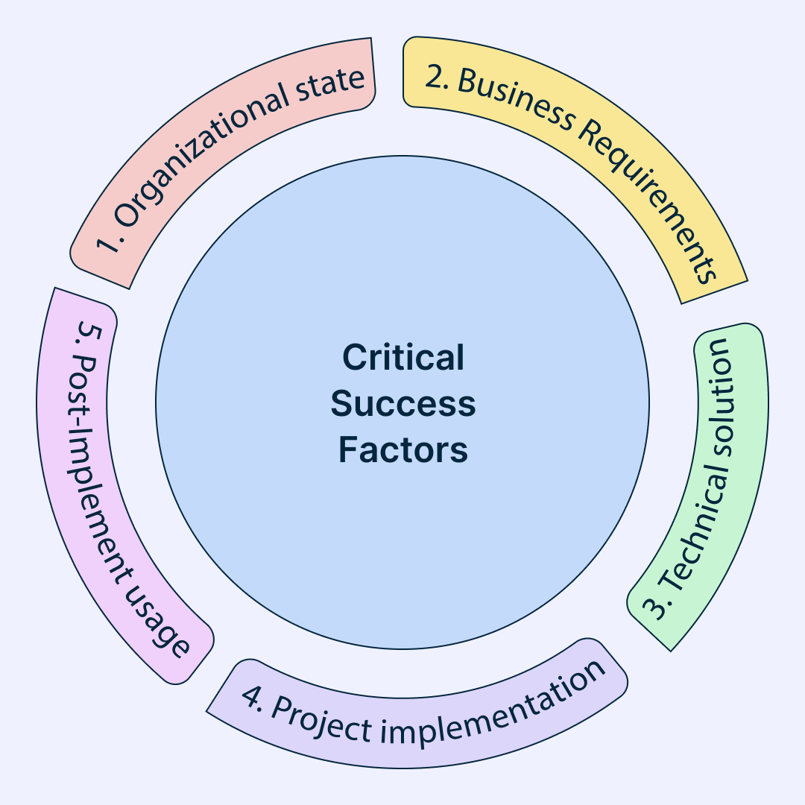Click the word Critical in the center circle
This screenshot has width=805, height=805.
403,357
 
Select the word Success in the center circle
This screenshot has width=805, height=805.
403,403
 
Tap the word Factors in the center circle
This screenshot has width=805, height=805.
403,449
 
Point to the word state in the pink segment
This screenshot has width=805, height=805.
330,83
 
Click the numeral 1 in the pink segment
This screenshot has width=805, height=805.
106,243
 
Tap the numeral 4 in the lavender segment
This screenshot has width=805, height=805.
253,696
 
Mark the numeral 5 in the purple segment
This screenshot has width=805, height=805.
88,334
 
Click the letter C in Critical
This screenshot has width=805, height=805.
353,357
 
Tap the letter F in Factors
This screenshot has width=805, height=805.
347,449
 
